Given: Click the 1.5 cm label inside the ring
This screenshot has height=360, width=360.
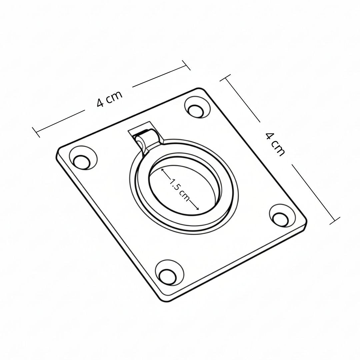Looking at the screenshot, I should pyautogui.click(x=179, y=189).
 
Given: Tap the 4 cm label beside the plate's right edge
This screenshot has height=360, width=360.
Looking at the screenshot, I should pyautogui.click(x=275, y=144).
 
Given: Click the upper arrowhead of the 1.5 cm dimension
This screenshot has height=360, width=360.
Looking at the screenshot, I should pyautogui.click(x=162, y=170).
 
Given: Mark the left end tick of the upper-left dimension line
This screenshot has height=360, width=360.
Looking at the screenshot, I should pyautogui.click(x=36, y=132).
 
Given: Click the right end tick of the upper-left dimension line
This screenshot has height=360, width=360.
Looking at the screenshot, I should pyautogui.click(x=186, y=65).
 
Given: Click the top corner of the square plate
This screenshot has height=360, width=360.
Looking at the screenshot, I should pyautogui.click(x=200, y=89).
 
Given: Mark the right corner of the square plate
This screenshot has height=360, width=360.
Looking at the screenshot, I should pyautogui.click(x=306, y=222).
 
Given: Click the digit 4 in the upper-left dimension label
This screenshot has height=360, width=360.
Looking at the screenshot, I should pyautogui.click(x=100, y=103).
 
